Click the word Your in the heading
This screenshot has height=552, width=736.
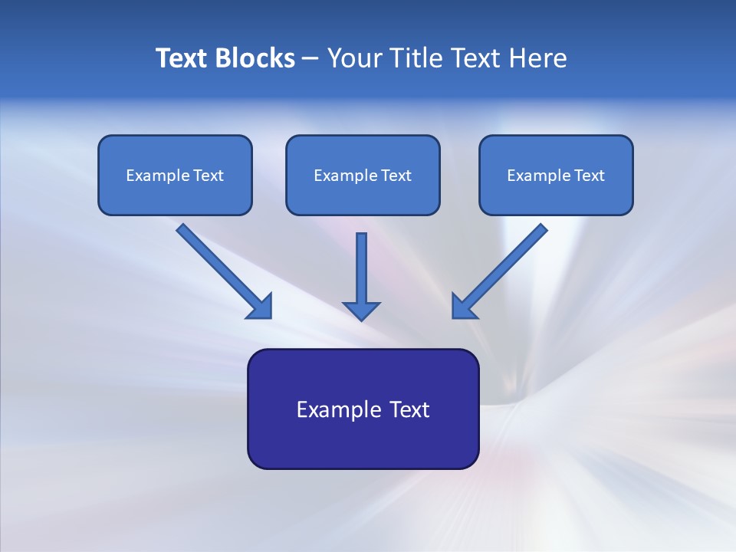tap(354, 58)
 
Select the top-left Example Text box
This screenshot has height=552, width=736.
tap(175, 175)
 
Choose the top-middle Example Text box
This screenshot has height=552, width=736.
tap(363, 175)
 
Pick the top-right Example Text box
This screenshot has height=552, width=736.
tap(556, 175)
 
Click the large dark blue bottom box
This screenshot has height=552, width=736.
tap(363, 409)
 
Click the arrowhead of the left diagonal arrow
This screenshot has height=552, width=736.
tap(260, 306)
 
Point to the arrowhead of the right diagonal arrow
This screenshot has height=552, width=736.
tap(464, 306)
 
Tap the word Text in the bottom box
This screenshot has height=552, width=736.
tap(410, 409)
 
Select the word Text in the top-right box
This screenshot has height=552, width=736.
tap(590, 176)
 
